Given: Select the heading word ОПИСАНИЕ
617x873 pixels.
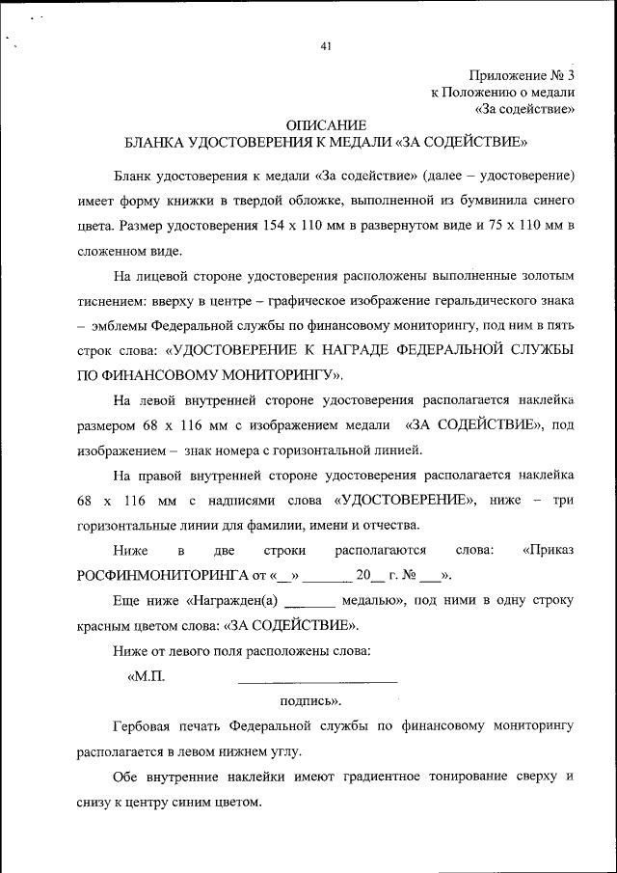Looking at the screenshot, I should pos(327,125).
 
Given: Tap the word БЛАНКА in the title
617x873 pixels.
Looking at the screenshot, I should pos(155,143).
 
